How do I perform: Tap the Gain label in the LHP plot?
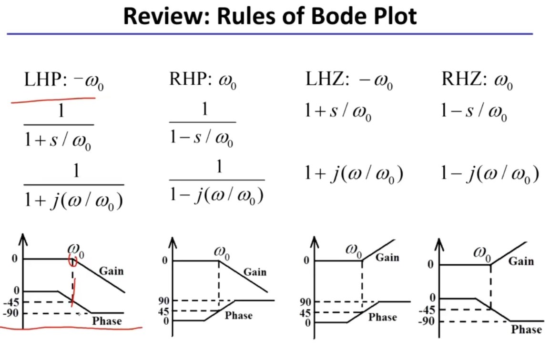[x=111, y=271]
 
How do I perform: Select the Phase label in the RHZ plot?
[x=526, y=329]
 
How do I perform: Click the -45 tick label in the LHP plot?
[x=11, y=302]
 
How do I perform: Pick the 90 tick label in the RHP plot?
[x=163, y=300]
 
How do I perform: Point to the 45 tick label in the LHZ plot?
[x=305, y=312]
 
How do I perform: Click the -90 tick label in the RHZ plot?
[x=427, y=321]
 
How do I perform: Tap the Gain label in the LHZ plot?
[x=387, y=258]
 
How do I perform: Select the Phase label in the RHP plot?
[x=238, y=316]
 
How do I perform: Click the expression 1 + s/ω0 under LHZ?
[x=338, y=111]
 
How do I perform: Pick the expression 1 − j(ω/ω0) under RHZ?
[x=489, y=173]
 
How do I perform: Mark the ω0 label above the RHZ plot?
[x=482, y=253]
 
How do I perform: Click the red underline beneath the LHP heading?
[x=53, y=100]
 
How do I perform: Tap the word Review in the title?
[x=167, y=16]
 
